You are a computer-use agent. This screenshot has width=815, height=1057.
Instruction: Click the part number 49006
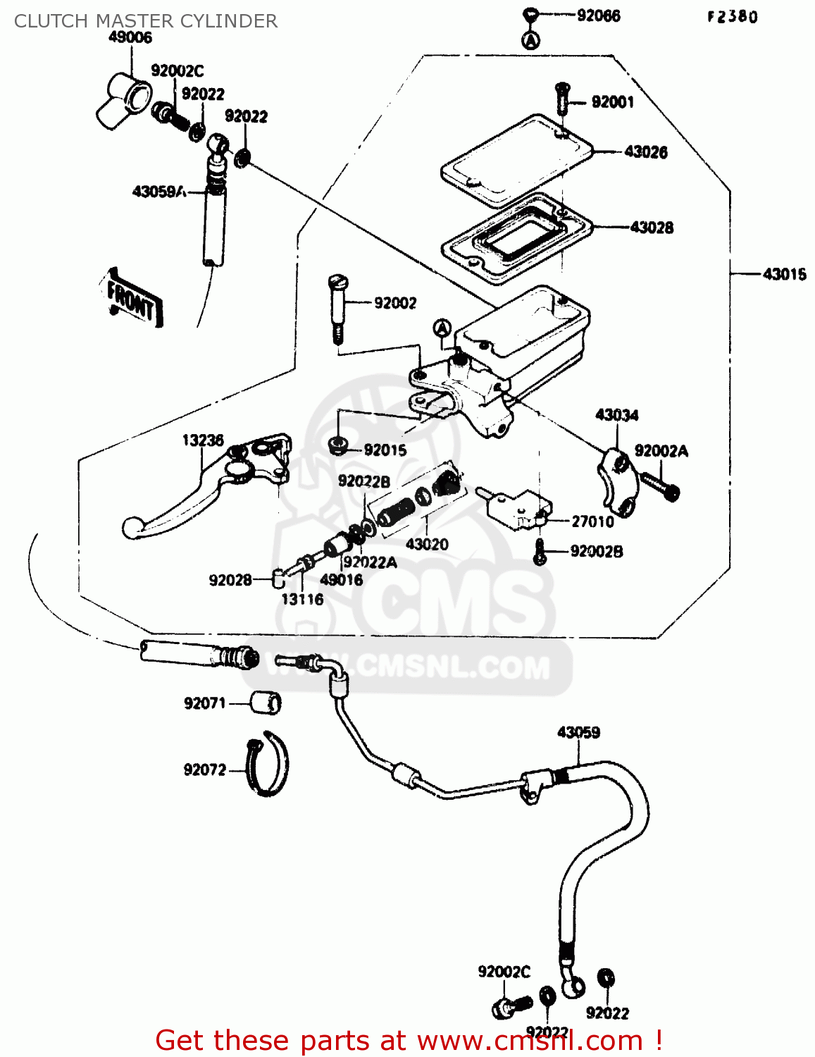click(130, 37)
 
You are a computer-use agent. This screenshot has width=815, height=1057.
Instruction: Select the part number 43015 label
click(784, 274)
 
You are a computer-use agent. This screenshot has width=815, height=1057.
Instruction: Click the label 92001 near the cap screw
click(612, 102)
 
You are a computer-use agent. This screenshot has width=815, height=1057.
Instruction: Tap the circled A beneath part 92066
click(530, 40)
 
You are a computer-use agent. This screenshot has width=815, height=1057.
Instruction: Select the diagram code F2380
click(733, 17)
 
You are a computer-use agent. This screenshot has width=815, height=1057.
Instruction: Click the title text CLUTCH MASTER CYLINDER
click(146, 21)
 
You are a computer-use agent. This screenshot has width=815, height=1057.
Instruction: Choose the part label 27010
click(592, 521)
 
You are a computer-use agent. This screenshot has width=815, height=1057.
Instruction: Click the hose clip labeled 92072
click(268, 763)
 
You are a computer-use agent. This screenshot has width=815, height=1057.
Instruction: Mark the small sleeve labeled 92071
click(266, 703)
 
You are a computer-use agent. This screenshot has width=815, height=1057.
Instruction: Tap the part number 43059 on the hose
click(578, 732)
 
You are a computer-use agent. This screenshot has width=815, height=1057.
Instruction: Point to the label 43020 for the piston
click(427, 544)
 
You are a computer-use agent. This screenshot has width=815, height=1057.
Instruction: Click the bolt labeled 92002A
click(661, 486)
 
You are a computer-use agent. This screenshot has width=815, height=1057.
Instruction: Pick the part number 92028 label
click(230, 580)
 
